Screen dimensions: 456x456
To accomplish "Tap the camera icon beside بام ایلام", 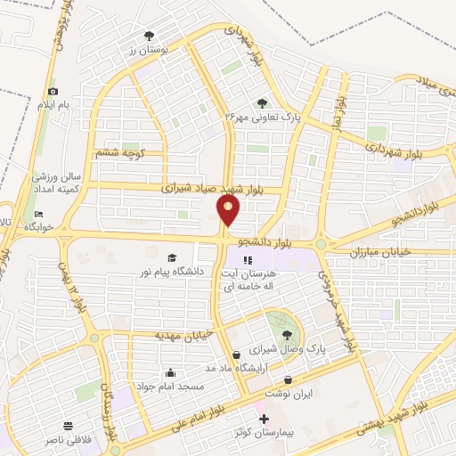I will [x=53, y=92].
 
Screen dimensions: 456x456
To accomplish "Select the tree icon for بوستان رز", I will [x=149, y=36].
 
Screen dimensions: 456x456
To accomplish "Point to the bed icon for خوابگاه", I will [x=38, y=215].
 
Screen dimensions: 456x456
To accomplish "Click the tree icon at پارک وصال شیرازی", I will [x=287, y=335].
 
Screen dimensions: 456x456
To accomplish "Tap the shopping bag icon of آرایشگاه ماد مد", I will [x=235, y=354].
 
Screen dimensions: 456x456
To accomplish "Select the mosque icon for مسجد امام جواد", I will [x=171, y=372].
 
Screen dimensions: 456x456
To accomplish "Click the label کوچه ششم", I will [x=121, y=154].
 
